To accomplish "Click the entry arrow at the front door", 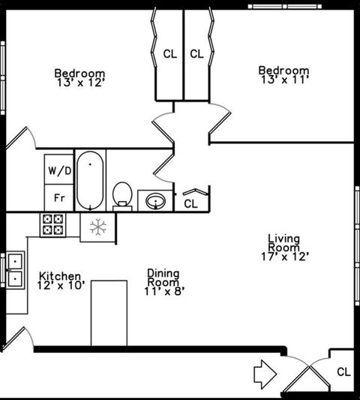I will point(265,371).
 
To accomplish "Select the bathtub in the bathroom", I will point(91,180).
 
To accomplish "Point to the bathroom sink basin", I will point(156,200).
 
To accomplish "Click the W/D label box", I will point(59,170).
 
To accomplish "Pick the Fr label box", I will point(58,198).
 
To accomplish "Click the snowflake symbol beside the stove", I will point(97,227).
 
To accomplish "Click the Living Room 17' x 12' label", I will point(283,247).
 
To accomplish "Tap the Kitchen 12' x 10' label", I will point(61,280).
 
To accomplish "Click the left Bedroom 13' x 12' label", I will point(79,77).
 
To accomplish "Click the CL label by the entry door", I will point(343,371).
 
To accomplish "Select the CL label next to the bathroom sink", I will point(191,203).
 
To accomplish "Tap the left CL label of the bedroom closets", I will point(170,54).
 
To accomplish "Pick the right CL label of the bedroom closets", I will point(196,54).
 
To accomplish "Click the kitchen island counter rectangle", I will point(109,313).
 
